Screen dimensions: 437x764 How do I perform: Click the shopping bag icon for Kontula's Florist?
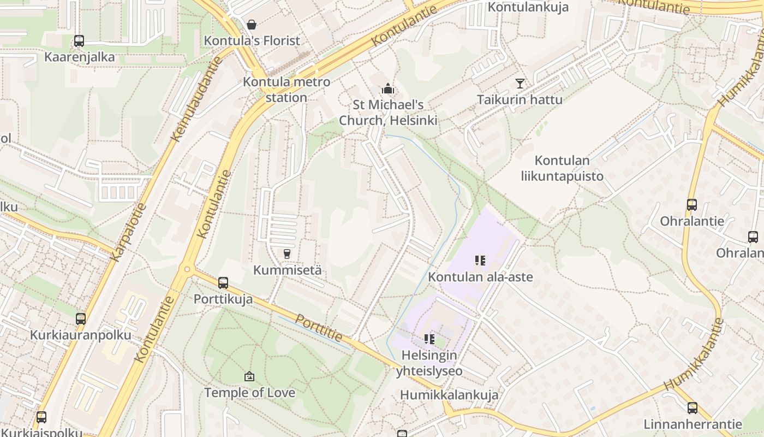coord(251,25)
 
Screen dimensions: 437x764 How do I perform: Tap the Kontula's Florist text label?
coord(252,41)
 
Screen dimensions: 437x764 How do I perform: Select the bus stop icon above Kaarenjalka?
coord(79,41)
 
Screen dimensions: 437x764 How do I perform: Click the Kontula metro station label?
coord(286,90)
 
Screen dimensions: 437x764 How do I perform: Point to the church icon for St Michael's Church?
coord(388,88)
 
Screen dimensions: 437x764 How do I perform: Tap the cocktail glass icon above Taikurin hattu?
coord(520,84)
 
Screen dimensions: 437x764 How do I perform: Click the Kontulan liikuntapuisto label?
coord(562,168)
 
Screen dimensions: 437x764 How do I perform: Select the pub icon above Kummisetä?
coord(286,254)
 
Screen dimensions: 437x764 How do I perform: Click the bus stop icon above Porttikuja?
coord(223,283)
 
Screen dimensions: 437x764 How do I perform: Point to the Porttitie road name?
coord(319,328)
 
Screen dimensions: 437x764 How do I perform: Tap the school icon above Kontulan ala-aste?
coord(480,261)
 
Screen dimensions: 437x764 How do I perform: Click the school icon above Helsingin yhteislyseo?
coord(429,339)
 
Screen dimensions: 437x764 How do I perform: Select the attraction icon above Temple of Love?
coord(249,376)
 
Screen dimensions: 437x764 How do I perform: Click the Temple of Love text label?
coord(249,393)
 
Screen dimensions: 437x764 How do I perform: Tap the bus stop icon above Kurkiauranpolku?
coord(81,319)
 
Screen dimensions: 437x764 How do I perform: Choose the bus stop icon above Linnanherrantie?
coord(693,408)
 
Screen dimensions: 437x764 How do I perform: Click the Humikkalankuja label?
coord(449,395)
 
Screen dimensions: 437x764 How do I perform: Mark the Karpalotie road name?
coord(128,232)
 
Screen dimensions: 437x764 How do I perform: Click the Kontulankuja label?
coord(528,7)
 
